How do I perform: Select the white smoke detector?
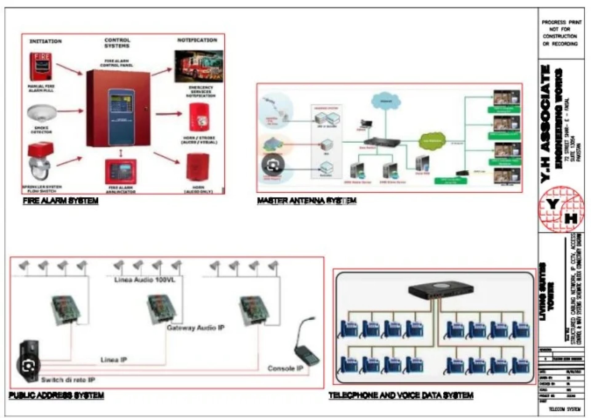pyautogui.click(x=42, y=113)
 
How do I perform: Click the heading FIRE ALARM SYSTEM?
pyautogui.click(x=61, y=201)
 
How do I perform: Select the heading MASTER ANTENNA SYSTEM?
pyautogui.click(x=307, y=201)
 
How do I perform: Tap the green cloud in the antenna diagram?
pyautogui.click(x=432, y=141)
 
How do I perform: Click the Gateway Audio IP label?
pyautogui.click(x=195, y=328)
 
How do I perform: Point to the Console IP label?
pyautogui.click(x=285, y=368)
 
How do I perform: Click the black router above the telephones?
pyautogui.click(x=440, y=290)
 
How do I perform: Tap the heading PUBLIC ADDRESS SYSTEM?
pyautogui.click(x=56, y=395)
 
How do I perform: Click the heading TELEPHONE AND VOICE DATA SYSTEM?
pyautogui.click(x=401, y=395)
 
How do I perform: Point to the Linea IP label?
pyautogui.click(x=114, y=360)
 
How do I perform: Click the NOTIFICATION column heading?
pyautogui.click(x=197, y=40)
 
